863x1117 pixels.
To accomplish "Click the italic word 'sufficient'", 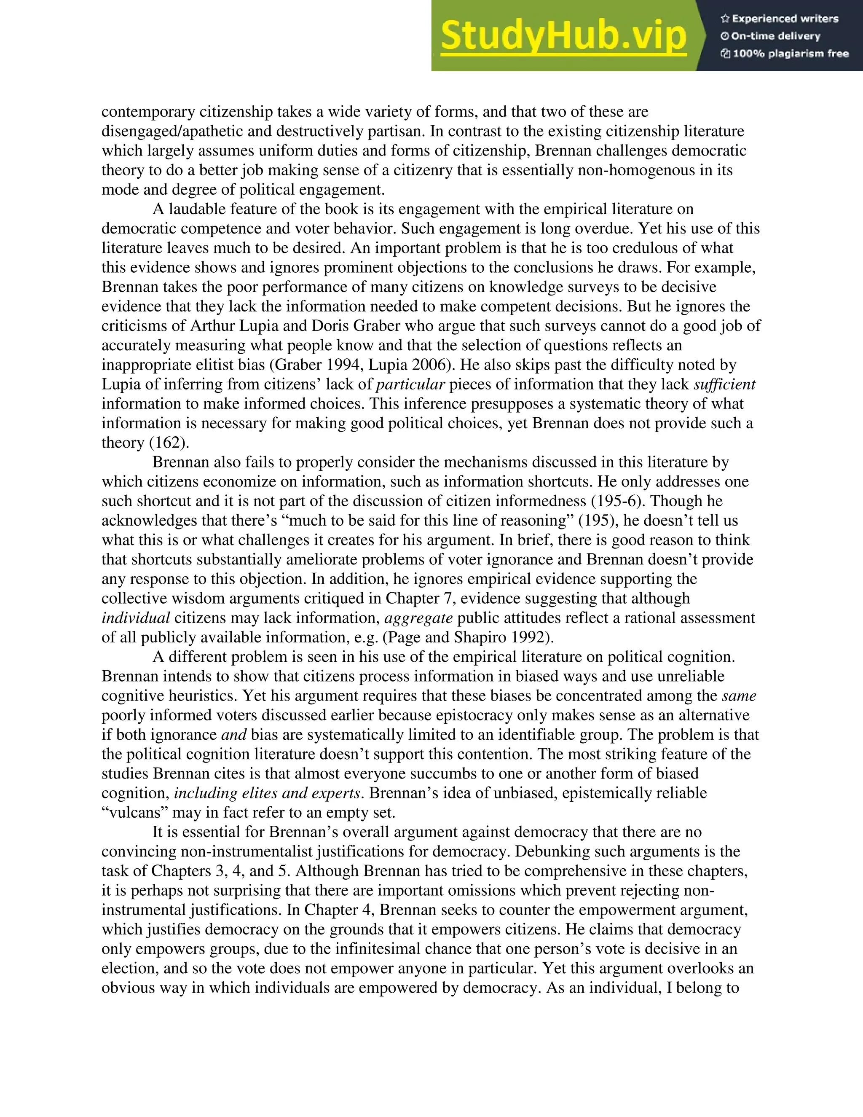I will coord(724,384).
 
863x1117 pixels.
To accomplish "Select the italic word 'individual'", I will coord(136,618).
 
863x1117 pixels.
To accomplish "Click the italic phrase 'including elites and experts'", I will coord(267,794).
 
